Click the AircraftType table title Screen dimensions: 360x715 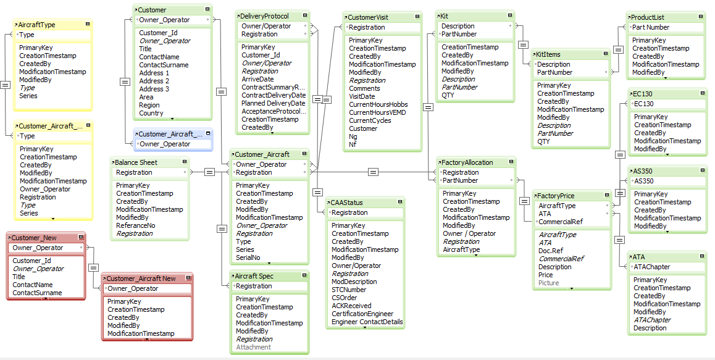click(x=37, y=25)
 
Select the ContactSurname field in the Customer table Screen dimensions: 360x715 click(x=164, y=65)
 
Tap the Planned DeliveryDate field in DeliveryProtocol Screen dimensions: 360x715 click(x=273, y=103)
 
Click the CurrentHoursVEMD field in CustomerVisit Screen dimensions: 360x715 click(x=378, y=112)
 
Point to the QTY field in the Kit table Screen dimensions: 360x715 click(x=448, y=95)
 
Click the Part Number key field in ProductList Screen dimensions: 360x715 click(x=650, y=27)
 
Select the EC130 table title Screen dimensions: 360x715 click(x=642, y=94)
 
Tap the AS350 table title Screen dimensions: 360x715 click(x=643, y=171)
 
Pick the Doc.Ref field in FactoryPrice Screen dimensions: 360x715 click(x=551, y=251)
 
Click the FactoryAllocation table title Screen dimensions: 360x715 click(x=467, y=162)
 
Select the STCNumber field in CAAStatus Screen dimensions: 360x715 click(x=349, y=290)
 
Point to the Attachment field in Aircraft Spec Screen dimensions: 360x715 click(x=253, y=347)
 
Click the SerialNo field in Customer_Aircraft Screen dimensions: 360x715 click(x=248, y=257)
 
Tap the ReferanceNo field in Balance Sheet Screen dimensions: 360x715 click(x=136, y=225)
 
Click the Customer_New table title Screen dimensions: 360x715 click(x=35, y=238)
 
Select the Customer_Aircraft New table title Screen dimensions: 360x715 click(x=141, y=278)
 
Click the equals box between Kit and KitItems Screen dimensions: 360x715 click(x=523, y=44)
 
